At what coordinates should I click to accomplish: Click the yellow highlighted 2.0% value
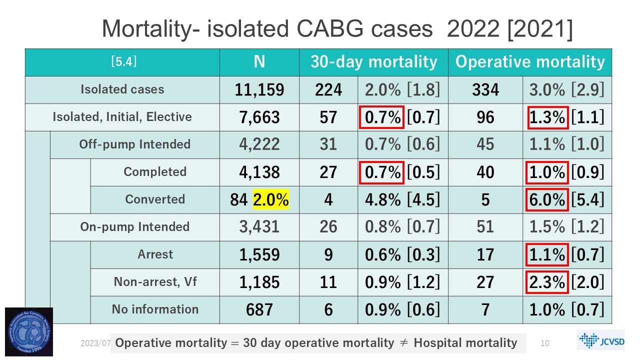point(271,200)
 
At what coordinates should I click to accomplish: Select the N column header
point(259,62)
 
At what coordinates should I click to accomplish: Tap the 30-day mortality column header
point(373,62)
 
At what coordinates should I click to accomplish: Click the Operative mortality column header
point(529,62)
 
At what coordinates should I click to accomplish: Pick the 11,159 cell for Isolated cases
point(259,90)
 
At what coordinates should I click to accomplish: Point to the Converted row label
point(155,199)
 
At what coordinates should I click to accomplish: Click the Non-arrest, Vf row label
point(155,282)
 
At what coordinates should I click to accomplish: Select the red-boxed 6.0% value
point(547,200)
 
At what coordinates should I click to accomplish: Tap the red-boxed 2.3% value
point(547,282)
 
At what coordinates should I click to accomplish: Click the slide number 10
point(545,343)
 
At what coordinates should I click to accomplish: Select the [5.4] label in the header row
point(123,62)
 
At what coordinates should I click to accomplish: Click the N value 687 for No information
point(259,310)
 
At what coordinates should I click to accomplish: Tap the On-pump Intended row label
point(135,227)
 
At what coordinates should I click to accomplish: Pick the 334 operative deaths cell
point(485,90)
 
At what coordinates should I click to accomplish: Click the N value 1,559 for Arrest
point(259,255)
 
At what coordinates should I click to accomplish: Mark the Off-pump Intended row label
point(135,144)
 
